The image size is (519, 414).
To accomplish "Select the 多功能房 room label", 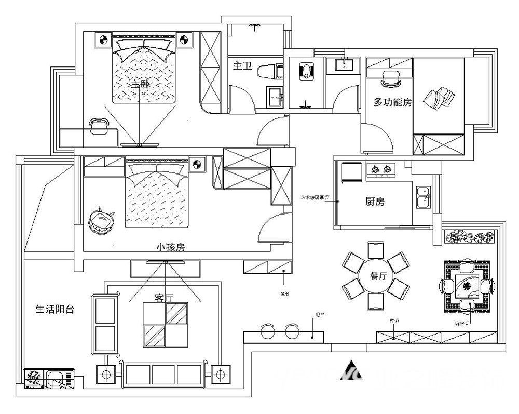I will click(392, 102).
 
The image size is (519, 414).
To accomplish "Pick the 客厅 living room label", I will click(163, 297).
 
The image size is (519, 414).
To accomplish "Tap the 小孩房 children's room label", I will click(171, 247).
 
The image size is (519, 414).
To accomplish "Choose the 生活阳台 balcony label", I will click(55, 310).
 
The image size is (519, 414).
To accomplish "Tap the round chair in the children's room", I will click(101, 221).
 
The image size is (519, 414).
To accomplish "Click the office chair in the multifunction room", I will click(390, 78).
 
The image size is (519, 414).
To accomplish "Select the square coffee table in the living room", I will click(166, 325).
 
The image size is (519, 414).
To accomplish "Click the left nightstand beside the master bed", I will click(103, 39).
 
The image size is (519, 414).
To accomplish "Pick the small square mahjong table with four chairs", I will click(466, 286).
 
